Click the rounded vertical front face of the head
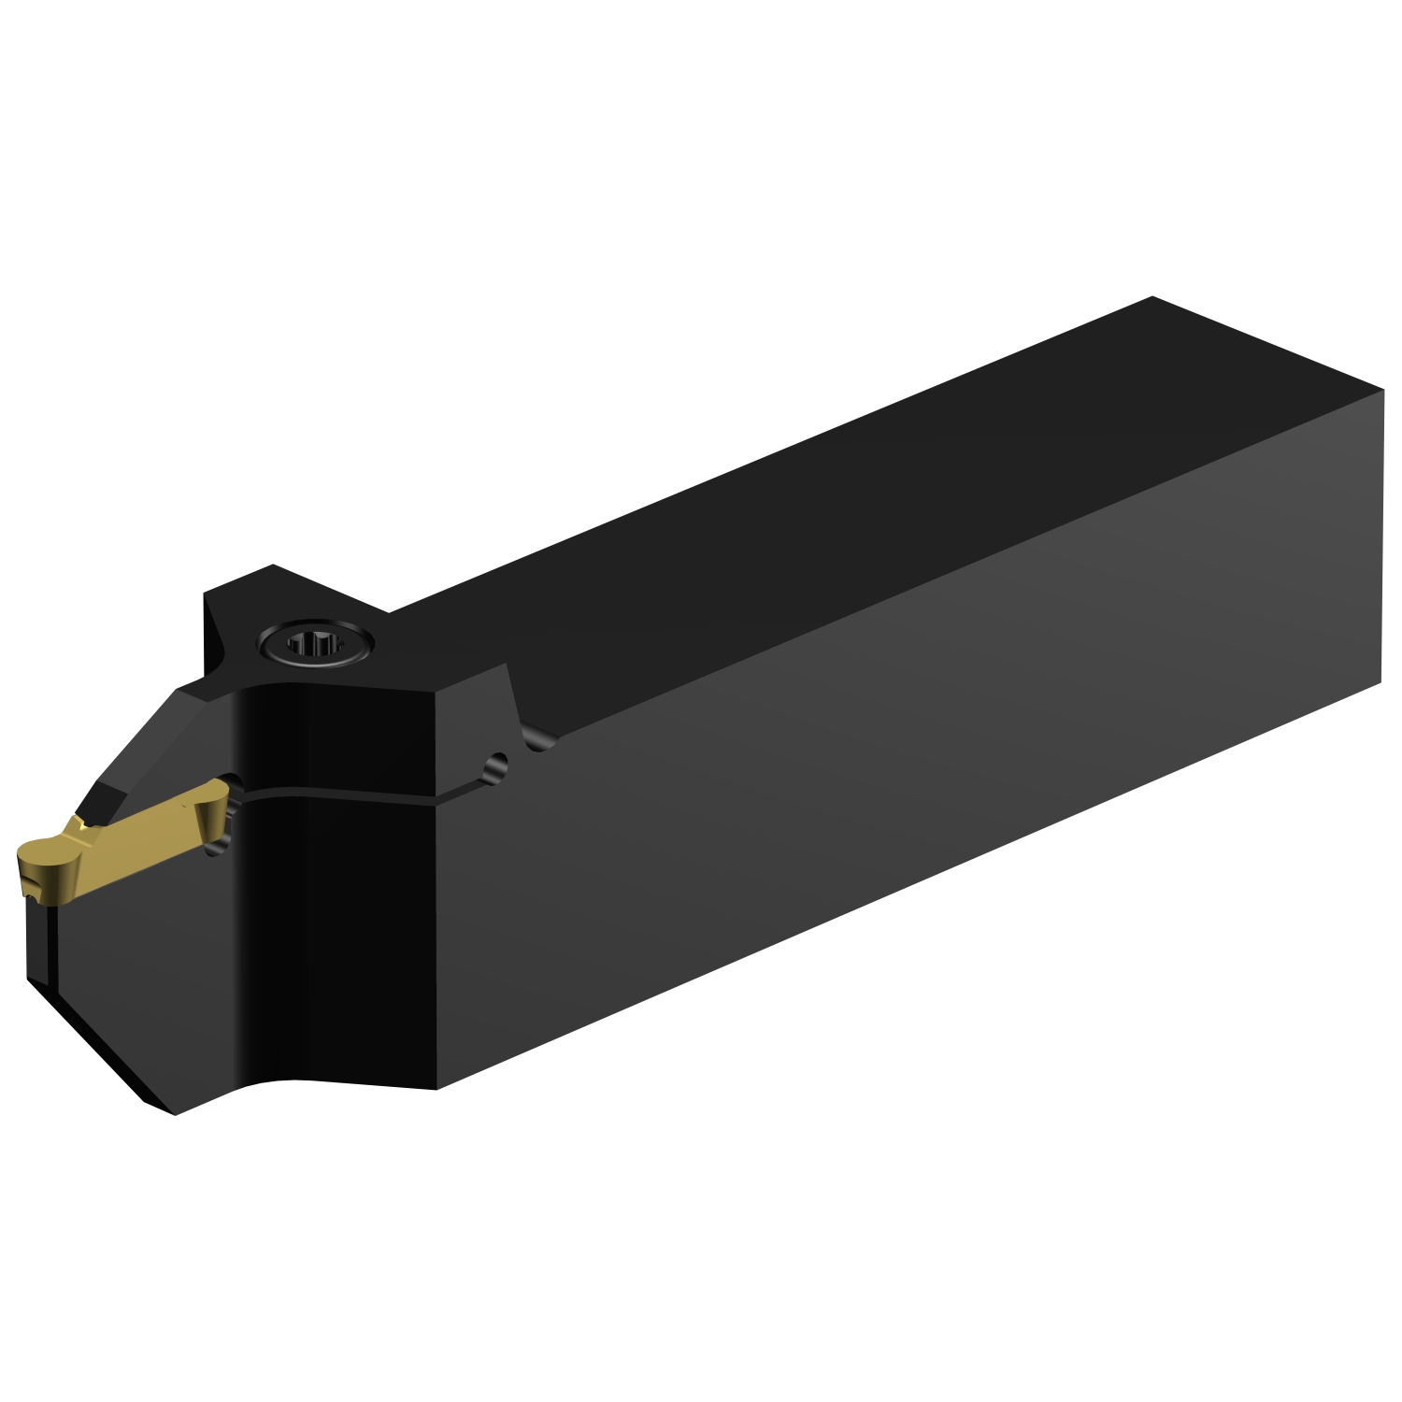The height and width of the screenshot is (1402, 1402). [x=336, y=935]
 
